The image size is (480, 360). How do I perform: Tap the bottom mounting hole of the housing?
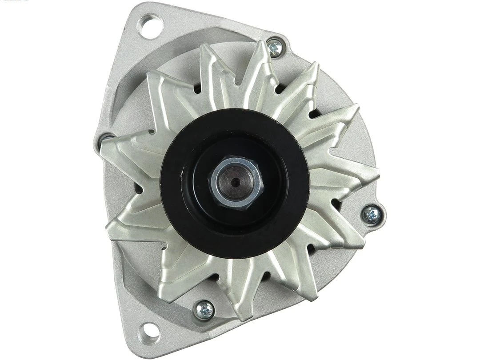150,332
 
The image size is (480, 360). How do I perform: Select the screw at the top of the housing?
275,47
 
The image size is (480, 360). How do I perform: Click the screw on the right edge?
372,215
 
